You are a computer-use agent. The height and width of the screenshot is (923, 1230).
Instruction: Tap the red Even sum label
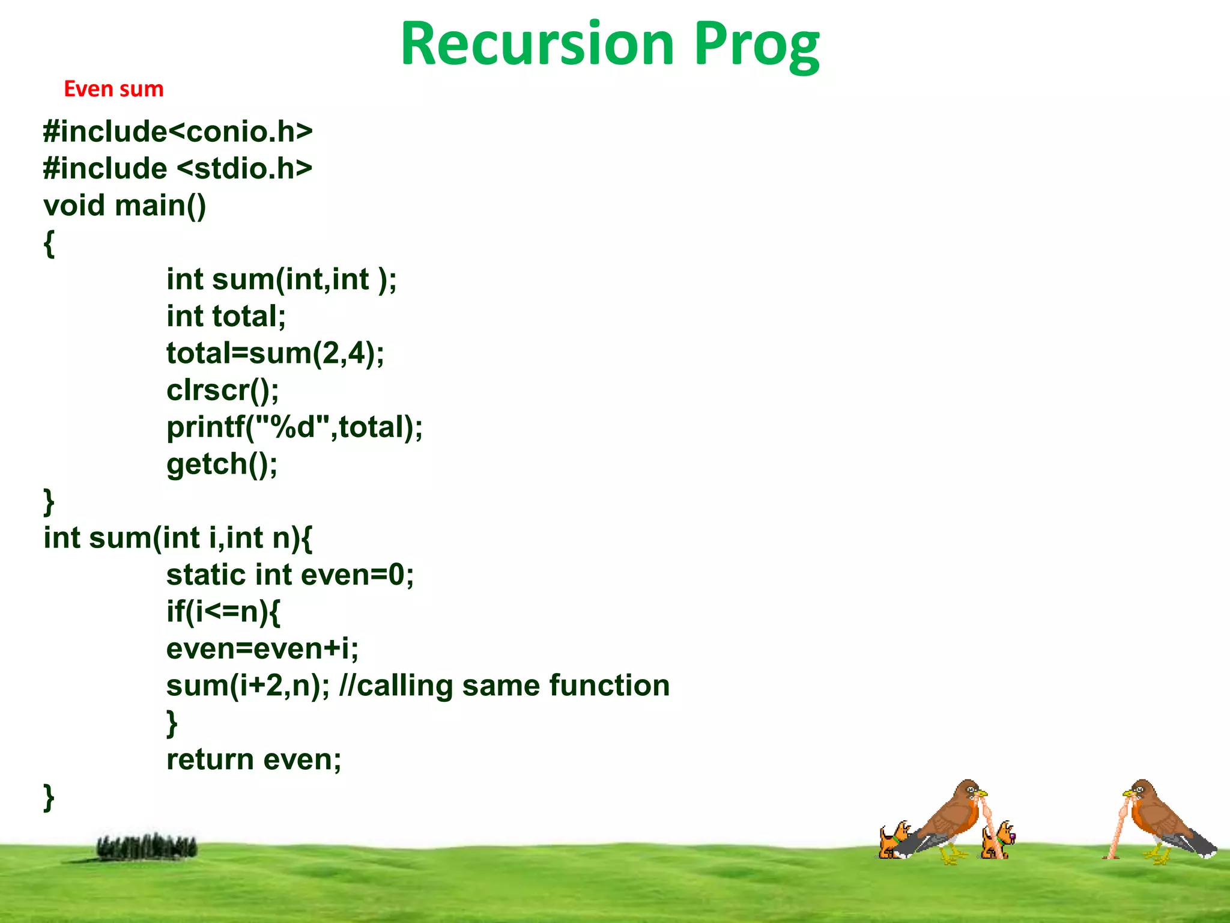[114, 89]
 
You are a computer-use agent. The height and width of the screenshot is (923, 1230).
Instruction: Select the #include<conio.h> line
[178, 132]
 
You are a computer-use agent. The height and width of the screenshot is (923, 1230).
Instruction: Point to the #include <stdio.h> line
[178, 168]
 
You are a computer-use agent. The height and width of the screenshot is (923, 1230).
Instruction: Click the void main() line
[125, 206]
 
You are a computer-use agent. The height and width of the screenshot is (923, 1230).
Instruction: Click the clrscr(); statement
[222, 390]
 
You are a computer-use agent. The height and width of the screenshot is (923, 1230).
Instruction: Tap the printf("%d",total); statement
[294, 427]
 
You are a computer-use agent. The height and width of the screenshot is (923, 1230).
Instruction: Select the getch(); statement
[222, 464]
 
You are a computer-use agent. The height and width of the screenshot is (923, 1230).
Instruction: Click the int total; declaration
[226, 316]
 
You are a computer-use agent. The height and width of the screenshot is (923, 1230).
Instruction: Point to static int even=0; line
[289, 574]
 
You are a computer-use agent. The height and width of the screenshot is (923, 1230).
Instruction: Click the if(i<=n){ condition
[223, 612]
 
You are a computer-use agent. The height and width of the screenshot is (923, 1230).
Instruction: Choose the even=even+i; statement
[262, 648]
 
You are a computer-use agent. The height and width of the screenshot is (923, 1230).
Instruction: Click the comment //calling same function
[504, 686]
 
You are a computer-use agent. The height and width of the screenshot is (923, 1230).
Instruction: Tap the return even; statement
[253, 760]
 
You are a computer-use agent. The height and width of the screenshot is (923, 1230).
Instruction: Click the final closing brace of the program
[49, 797]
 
